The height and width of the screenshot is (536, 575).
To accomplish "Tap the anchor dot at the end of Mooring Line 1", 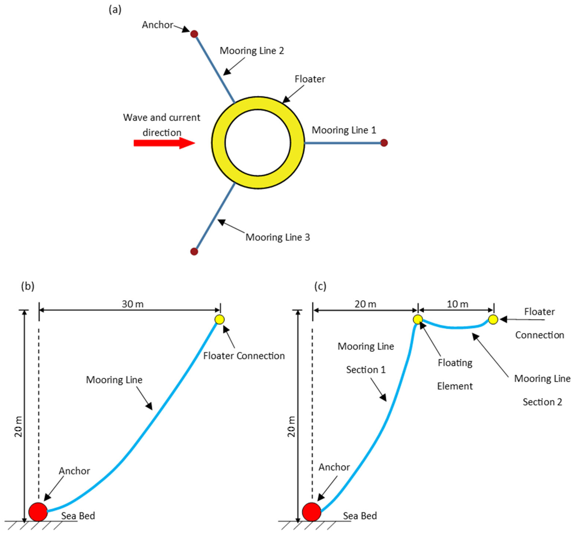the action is click(x=384, y=143).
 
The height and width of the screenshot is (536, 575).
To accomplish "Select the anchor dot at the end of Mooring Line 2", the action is click(x=194, y=34).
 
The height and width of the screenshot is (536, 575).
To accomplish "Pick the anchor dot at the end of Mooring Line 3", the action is click(x=194, y=252).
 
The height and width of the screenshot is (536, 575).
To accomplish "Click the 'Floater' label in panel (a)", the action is click(x=310, y=79).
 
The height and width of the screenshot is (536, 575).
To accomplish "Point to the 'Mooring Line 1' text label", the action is click(x=344, y=130).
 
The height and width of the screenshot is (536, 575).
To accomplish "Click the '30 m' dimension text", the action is click(x=133, y=304).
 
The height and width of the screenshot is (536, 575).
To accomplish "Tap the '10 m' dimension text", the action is click(x=457, y=304).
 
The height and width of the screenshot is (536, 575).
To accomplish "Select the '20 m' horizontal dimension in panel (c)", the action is click(x=365, y=304).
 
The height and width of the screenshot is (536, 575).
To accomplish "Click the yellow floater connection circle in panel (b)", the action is click(x=220, y=320).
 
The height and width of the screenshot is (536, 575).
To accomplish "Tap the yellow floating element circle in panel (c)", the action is click(x=418, y=320).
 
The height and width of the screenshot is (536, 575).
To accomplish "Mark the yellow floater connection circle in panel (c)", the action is click(x=493, y=320).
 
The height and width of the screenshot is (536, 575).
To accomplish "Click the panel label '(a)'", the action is click(x=115, y=10).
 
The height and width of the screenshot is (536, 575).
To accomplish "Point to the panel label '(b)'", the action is click(x=28, y=286).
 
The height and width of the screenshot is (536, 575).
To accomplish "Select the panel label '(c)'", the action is click(x=320, y=286).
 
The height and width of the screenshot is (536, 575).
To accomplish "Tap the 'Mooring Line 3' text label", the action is click(x=278, y=237).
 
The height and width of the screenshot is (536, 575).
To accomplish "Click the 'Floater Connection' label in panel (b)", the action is click(x=244, y=356).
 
